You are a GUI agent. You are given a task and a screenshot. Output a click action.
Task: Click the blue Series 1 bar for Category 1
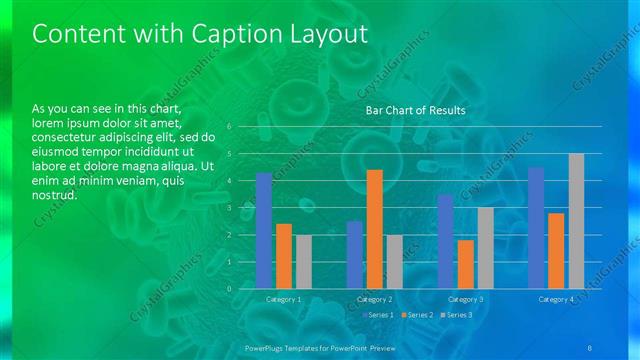pyautogui.click(x=264, y=231)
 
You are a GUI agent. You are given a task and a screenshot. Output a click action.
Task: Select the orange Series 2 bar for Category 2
pyautogui.click(x=374, y=229)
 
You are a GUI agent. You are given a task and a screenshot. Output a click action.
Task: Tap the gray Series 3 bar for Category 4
pyautogui.click(x=576, y=221)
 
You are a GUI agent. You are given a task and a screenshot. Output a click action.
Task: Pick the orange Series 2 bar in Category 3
pyautogui.click(x=466, y=264)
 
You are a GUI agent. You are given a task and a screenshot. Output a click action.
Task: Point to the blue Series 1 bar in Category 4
pyautogui.click(x=536, y=228)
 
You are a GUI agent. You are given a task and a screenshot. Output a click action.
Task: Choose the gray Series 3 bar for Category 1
pyautogui.click(x=303, y=262)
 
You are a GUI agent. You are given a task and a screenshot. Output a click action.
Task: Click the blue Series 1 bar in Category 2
pyautogui.click(x=355, y=255)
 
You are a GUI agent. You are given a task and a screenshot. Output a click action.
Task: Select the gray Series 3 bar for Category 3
pyautogui.click(x=485, y=248)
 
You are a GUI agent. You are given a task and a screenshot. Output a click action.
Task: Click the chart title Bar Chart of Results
pyautogui.click(x=415, y=110)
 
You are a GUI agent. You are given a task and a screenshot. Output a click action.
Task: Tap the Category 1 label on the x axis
pyautogui.click(x=284, y=299)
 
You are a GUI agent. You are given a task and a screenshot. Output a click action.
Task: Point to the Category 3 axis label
pyautogui.click(x=466, y=299)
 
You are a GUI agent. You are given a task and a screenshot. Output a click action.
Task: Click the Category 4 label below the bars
pyautogui.click(x=556, y=299)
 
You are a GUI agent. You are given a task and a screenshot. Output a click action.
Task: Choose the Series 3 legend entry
pyautogui.click(x=458, y=315)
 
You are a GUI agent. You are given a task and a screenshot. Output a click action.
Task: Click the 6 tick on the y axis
pyautogui.click(x=229, y=127)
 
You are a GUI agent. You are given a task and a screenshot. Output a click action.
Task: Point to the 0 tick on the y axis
pyautogui.click(x=229, y=288)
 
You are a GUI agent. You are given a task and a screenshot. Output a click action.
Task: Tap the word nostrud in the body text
pyautogui.click(x=55, y=195)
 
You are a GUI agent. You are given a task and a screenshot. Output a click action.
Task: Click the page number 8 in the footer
pyautogui.click(x=590, y=346)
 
